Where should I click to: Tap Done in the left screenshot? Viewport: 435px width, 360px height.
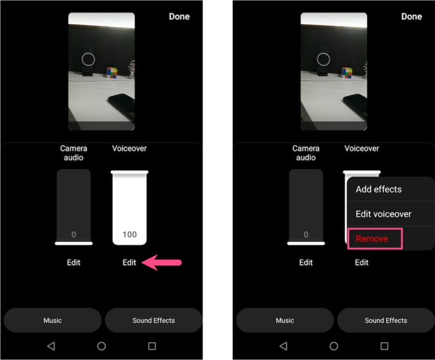[179, 16]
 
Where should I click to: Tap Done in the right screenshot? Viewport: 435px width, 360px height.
[411, 16]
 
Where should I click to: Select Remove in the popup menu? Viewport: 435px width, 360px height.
[372, 239]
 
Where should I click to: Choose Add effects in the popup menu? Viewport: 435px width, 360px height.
[379, 189]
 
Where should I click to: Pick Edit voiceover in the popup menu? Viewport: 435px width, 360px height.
[383, 214]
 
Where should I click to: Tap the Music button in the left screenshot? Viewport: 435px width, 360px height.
[53, 320]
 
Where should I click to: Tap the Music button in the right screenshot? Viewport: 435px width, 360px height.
[285, 320]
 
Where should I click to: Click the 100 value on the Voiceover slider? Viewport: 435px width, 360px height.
[129, 235]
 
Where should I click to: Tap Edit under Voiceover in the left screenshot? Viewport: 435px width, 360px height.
[129, 263]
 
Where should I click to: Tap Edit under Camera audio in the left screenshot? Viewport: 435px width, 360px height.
[74, 263]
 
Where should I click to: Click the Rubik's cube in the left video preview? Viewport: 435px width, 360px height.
[111, 72]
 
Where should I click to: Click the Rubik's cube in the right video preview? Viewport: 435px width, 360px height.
[347, 72]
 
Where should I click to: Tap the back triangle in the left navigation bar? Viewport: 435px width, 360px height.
[51, 346]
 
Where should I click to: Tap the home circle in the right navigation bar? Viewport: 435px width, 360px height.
[334, 346]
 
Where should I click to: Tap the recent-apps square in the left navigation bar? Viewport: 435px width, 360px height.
[152, 346]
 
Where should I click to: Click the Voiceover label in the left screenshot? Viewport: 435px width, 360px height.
[129, 148]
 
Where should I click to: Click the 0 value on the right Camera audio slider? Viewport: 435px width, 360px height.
[306, 235]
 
